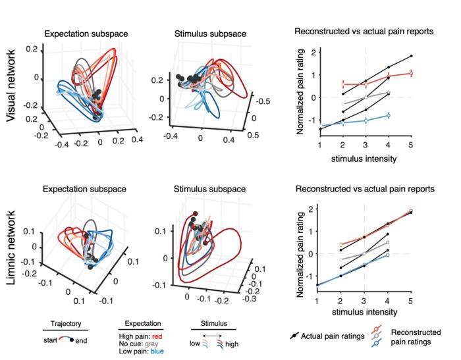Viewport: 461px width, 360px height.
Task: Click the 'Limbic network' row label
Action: click(x=13, y=247)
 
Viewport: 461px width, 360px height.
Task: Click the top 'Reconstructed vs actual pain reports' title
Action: click(x=364, y=31)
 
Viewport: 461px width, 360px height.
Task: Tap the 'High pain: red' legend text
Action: click(x=141, y=336)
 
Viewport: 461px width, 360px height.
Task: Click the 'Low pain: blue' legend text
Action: click(x=141, y=351)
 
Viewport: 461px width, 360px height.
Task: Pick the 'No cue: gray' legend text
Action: click(x=139, y=344)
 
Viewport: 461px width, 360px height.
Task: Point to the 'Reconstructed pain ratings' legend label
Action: click(x=415, y=336)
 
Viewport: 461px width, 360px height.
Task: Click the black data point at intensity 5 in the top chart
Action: click(x=411, y=56)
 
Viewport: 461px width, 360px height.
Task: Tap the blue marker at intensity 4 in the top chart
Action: click(x=388, y=115)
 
